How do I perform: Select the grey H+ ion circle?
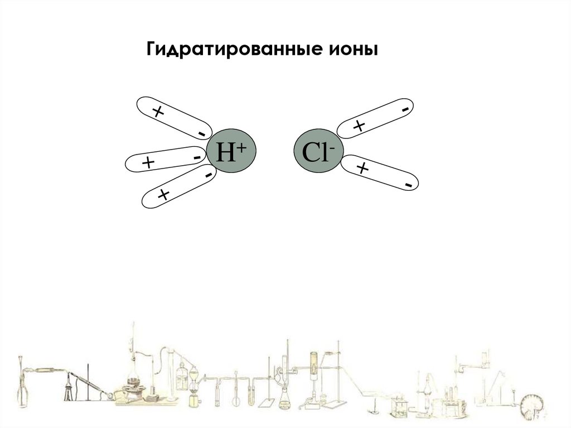(231, 152)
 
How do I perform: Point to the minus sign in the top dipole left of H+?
(201, 133)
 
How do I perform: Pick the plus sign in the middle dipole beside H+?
(148, 163)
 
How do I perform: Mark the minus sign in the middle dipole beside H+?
(197, 158)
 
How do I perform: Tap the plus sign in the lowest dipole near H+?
(163, 194)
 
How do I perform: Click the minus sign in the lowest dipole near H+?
(207, 175)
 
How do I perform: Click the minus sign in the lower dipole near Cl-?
(409, 184)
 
